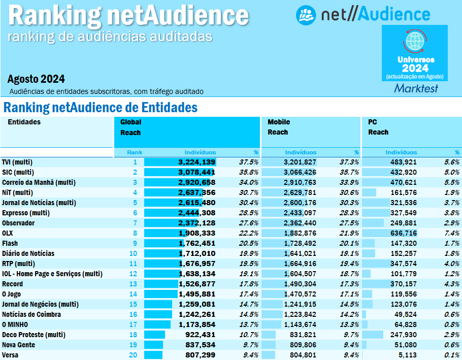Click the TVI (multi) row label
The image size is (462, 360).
click(18, 162)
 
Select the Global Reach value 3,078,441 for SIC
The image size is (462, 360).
click(196, 172)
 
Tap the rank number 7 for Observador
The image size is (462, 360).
click(135, 223)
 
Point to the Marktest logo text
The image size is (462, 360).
click(416, 88)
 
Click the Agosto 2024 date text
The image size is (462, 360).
click(36, 79)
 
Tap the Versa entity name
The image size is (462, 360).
click(10, 355)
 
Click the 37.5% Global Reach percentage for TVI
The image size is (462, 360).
click(248, 162)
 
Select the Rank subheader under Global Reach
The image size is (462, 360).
click(135, 152)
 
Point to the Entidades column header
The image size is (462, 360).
click(24, 122)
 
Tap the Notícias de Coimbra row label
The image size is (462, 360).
click(28, 314)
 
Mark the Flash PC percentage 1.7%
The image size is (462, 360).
click(451, 243)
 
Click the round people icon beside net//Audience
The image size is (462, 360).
click(306, 15)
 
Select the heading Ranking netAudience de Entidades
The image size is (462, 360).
click(100, 108)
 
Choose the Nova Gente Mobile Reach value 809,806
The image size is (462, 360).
click(300, 345)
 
